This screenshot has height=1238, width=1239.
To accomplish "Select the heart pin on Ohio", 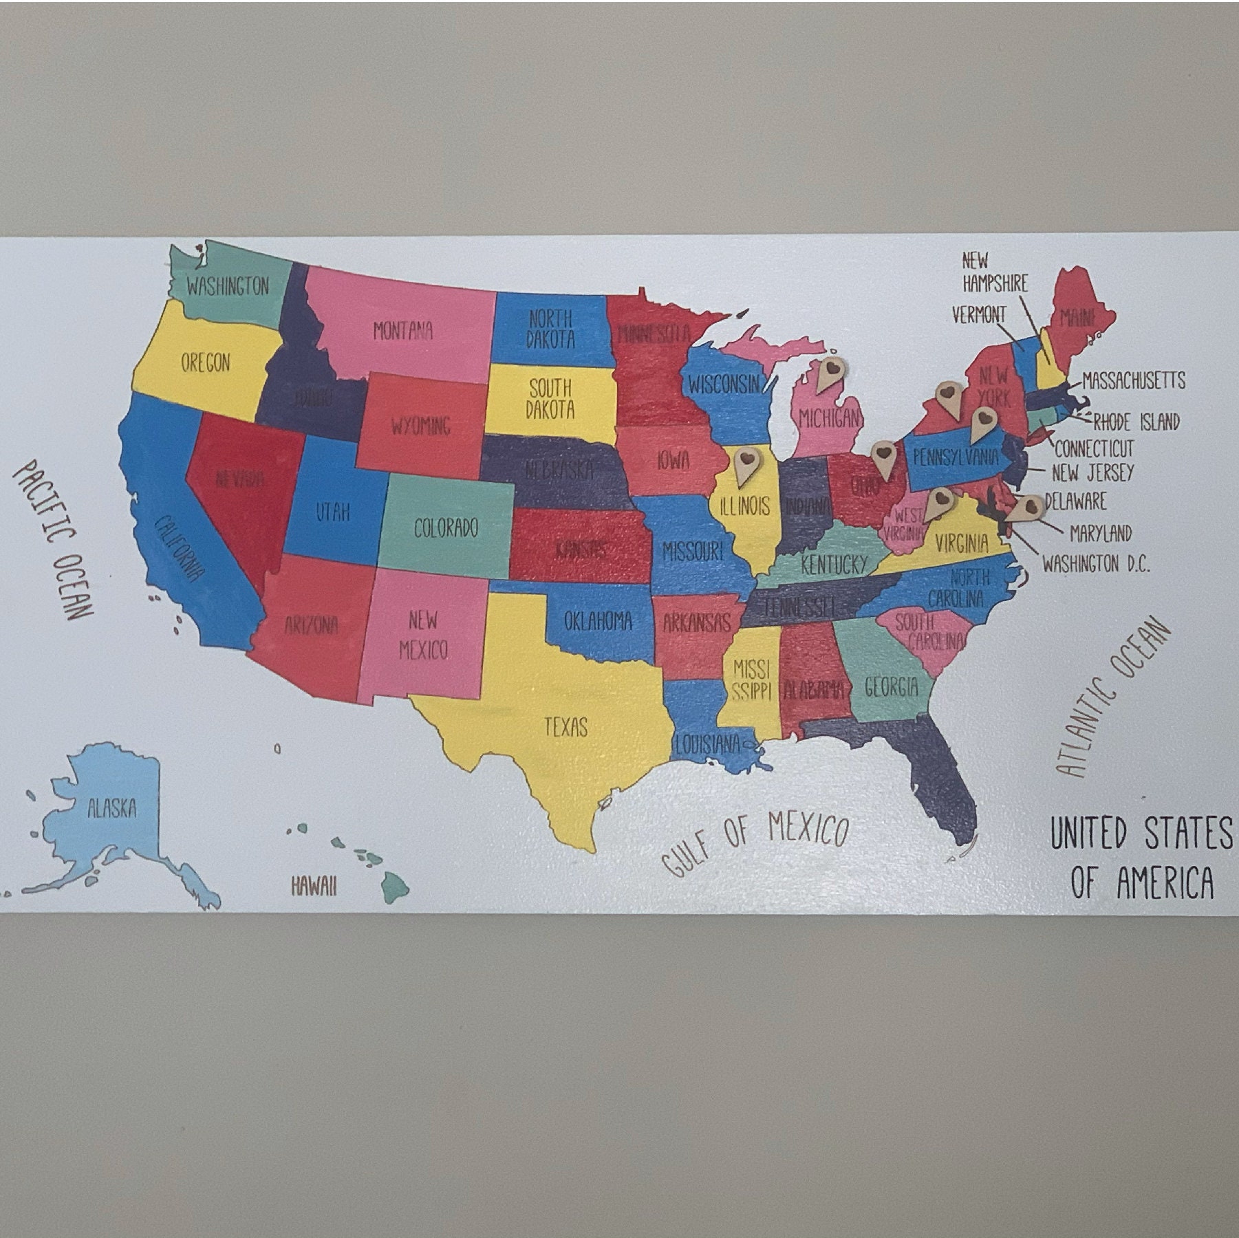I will [883, 459].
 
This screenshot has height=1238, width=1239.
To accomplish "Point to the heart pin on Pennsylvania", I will [984, 423].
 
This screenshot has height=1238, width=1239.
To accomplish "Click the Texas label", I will [565, 726].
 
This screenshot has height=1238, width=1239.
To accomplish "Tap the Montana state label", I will [403, 332].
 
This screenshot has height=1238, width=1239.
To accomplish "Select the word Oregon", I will [205, 362].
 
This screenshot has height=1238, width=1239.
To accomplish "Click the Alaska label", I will [112, 808].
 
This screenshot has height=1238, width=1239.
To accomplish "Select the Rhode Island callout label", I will [1136, 421].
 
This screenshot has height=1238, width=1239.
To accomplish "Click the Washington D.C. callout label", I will [1096, 565].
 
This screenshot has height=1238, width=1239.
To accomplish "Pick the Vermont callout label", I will [978, 315].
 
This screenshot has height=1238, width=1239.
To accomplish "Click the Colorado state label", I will [446, 528].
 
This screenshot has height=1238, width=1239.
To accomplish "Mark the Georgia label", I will [891, 686].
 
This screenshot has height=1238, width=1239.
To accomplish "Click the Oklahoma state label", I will [598, 621].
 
